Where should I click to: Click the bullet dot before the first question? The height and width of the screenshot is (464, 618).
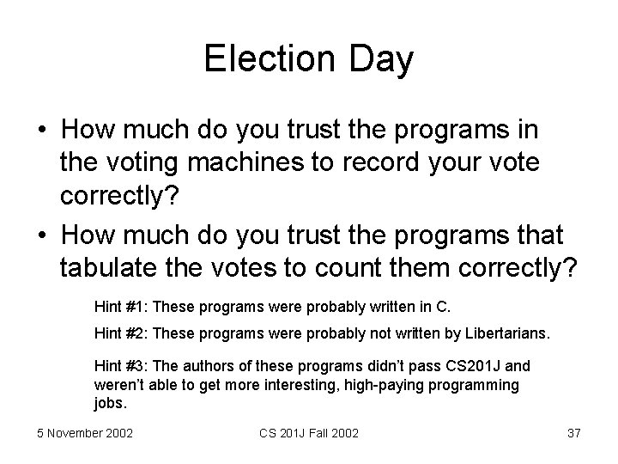[40, 131]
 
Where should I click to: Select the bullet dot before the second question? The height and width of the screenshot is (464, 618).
[40, 235]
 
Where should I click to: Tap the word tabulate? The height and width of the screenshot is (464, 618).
[101, 266]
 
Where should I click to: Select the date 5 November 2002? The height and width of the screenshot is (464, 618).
[85, 433]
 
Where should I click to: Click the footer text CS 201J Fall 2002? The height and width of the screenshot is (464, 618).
[307, 433]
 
